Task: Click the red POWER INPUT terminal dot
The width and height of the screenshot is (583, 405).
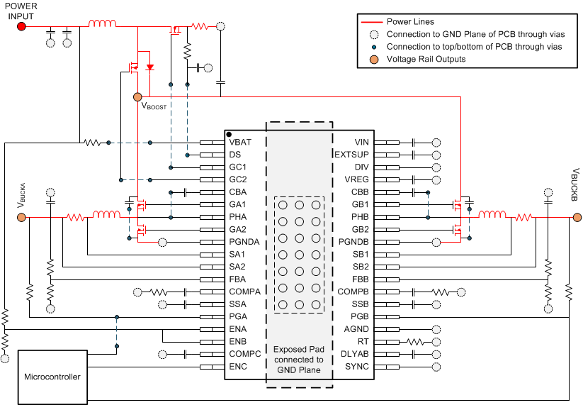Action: click(21, 26)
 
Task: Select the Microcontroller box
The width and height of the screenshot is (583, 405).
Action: click(54, 376)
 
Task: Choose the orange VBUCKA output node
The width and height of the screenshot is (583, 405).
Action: click(21, 216)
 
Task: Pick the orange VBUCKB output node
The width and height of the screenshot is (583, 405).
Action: click(570, 216)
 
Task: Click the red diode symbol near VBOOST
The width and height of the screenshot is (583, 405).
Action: click(149, 67)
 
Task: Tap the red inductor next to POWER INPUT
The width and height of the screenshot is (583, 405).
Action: click(102, 25)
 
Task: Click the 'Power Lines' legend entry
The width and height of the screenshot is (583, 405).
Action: click(412, 22)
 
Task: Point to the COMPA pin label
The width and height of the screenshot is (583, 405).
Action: click(244, 292)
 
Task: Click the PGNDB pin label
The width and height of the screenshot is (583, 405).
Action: click(353, 242)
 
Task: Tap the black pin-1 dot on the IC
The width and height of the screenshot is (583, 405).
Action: click(229, 134)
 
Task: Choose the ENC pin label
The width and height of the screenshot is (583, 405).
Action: click(237, 366)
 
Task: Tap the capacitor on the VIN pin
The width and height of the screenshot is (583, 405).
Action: click(412, 143)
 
